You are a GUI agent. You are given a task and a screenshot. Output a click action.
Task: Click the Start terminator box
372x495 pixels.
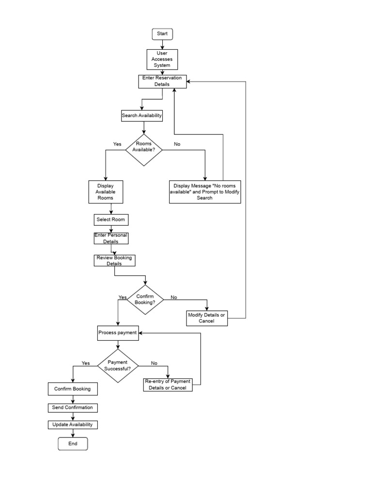pyautogui.click(x=162, y=34)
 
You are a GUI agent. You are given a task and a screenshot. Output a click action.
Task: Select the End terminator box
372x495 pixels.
pyautogui.click(x=73, y=443)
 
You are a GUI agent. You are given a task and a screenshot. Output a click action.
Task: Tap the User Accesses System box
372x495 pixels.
pyautogui.click(x=162, y=59)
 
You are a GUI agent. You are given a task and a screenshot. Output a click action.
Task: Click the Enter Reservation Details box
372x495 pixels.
pyautogui.click(x=162, y=81)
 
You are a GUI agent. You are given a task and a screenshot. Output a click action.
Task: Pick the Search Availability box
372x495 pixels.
pyautogui.click(x=141, y=116)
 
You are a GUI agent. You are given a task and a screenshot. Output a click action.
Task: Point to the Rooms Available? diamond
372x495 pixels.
pyautogui.click(x=144, y=147)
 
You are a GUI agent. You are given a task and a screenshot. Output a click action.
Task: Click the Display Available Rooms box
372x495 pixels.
pyautogui.click(x=105, y=192)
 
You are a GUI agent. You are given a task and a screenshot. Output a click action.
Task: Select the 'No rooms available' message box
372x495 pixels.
pyautogui.click(x=205, y=192)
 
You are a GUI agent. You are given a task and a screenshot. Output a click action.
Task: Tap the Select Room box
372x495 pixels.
pyautogui.click(x=110, y=220)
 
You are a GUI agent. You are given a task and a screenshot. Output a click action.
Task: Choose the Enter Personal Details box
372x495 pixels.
pyautogui.click(x=111, y=238)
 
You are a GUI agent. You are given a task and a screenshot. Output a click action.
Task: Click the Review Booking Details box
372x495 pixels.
pyautogui.click(x=114, y=261)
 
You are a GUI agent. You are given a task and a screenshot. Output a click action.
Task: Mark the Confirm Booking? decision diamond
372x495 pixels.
pyautogui.click(x=145, y=300)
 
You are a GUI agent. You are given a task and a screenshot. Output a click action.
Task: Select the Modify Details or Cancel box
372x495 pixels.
pyautogui.click(x=207, y=318)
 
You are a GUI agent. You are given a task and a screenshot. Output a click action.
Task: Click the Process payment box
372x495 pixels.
pyautogui.click(x=118, y=333)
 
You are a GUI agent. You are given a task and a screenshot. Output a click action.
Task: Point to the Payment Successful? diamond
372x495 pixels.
pyautogui.click(x=118, y=365)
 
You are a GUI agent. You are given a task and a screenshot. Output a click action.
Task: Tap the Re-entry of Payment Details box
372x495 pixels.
pyautogui.click(x=168, y=385)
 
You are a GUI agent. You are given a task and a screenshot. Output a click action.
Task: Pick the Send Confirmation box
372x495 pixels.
pyautogui.click(x=73, y=408)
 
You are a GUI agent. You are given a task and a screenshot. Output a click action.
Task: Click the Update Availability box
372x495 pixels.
pyautogui.click(x=73, y=425)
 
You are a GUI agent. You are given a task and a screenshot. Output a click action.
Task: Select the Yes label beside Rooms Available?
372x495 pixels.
pyautogui.click(x=117, y=144)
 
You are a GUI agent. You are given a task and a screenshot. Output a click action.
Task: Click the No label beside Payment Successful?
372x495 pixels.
pyautogui.click(x=154, y=363)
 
